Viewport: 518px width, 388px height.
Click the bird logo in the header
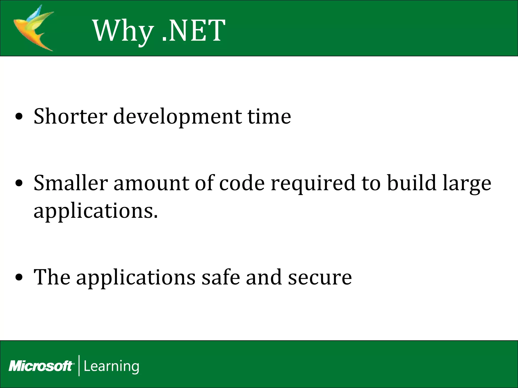34,28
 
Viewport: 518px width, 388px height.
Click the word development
177,117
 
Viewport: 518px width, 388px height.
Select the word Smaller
71,183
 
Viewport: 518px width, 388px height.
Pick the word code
242,183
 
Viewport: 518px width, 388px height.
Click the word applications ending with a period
96,211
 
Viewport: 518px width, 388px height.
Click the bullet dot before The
19,278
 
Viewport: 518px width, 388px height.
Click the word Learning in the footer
111,366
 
